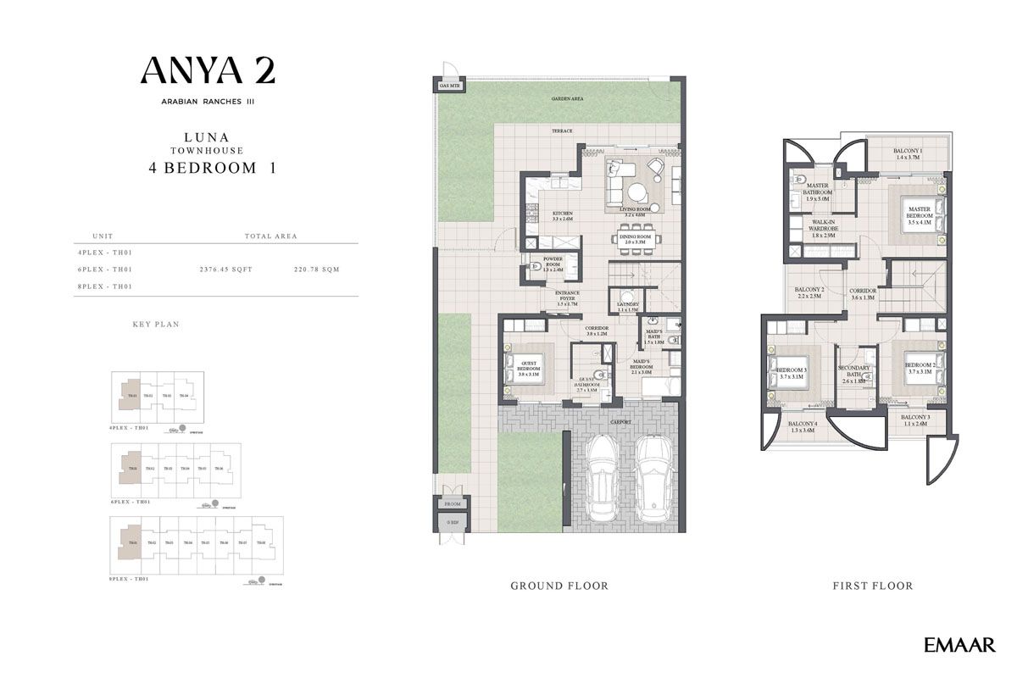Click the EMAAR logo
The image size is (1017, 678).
tap(960, 646)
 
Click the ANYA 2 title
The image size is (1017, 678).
tap(208, 69)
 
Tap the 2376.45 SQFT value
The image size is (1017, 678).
tap(226, 270)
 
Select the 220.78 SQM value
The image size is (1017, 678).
tap(316, 270)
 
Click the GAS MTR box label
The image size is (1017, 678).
tap(449, 86)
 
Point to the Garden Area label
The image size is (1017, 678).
tap(567, 99)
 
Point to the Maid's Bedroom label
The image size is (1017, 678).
tap(642, 366)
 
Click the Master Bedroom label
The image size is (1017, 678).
tap(920, 213)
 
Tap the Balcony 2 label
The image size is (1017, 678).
tap(810, 292)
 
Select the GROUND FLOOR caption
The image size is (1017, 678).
tap(559, 586)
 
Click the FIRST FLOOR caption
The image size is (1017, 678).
tap(873, 586)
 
